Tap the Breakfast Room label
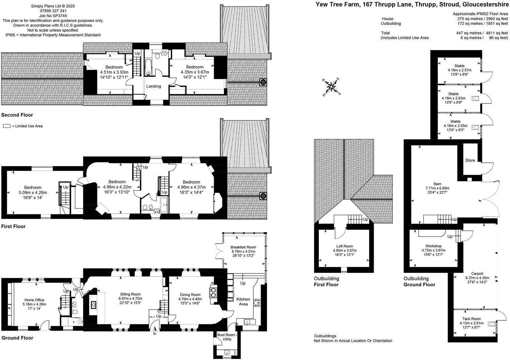click(243, 247)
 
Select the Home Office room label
click(34, 300)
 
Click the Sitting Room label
click(130, 294)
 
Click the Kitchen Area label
click(243, 301)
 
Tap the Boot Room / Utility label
click(227, 337)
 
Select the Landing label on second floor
click(153, 86)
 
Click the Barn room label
click(438, 184)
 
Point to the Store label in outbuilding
click(470, 160)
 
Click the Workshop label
click(433, 246)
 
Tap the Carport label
click(477, 273)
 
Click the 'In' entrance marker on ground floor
click(154, 334)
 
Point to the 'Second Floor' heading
click(17, 115)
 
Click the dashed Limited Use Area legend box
click(6, 126)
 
